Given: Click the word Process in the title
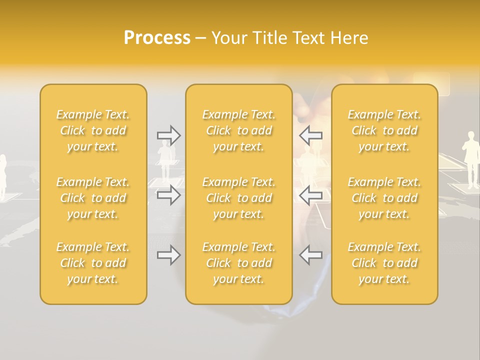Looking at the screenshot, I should tap(157, 38).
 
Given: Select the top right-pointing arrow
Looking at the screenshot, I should tap(168, 135).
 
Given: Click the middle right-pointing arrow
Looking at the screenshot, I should tap(168, 194).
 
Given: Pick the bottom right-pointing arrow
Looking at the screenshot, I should tap(168, 255).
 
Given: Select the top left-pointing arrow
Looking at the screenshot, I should tap(310, 135).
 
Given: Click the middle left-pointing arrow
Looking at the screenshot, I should tap(310, 194).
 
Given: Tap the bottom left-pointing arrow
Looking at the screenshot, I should tap(310, 255).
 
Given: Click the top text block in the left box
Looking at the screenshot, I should tap(93, 130).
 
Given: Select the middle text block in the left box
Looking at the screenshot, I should tap(93, 198).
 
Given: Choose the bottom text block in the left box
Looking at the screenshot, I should tap(93, 263).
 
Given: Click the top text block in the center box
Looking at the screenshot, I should tap(238, 130).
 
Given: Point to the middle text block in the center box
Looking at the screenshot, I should tap(238, 198).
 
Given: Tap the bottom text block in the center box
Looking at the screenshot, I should tap(238, 263).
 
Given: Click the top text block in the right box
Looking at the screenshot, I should tap(384, 130).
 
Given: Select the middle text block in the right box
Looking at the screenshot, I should tap(384, 198).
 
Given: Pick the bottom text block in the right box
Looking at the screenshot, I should tap(384, 263).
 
